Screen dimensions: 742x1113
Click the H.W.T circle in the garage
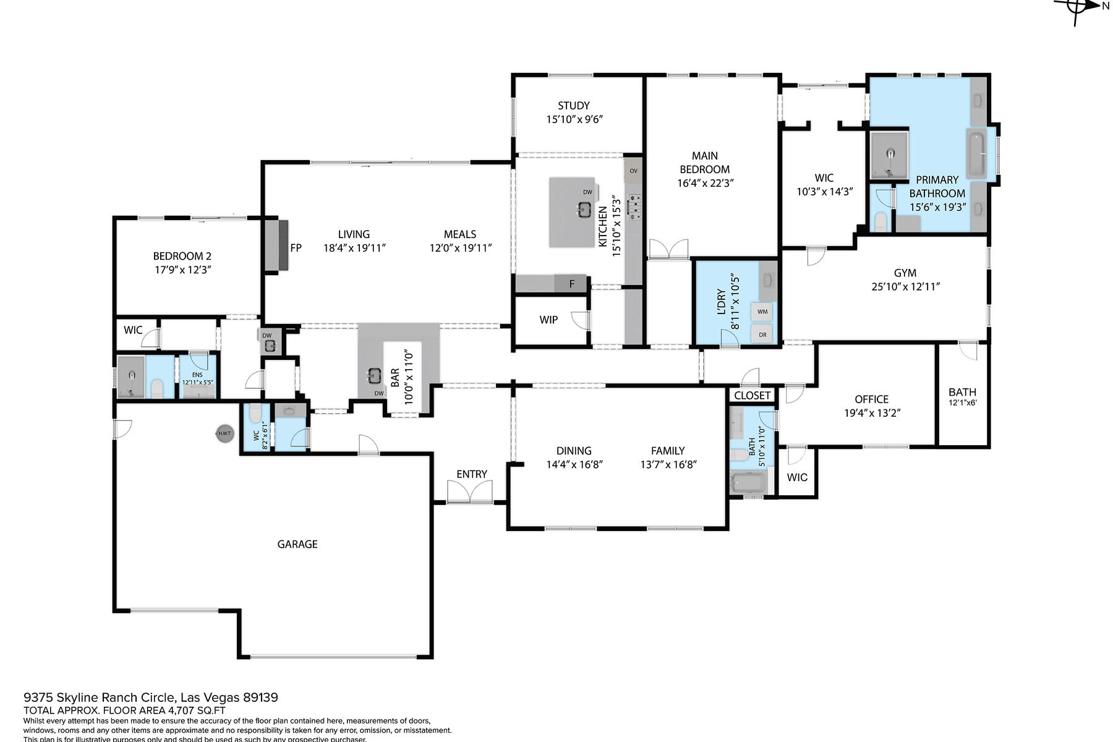(224, 433)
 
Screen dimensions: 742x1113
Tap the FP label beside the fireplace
(296, 248)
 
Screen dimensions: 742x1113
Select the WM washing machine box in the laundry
(762, 312)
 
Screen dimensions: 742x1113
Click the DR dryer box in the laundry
(762, 335)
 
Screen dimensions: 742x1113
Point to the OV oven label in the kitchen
(633, 171)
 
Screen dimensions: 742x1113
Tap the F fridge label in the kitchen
(572, 284)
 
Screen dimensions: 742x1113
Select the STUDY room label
(573, 106)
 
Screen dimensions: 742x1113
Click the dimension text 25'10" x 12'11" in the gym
(905, 286)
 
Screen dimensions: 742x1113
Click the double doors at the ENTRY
(471, 493)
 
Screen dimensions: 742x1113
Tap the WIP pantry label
(548, 320)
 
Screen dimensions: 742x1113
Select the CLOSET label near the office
(753, 395)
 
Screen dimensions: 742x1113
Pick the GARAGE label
(297, 544)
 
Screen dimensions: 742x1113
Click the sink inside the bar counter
(373, 375)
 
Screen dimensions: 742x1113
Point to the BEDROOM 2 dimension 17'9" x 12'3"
(183, 270)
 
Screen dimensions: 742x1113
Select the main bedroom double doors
(668, 249)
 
